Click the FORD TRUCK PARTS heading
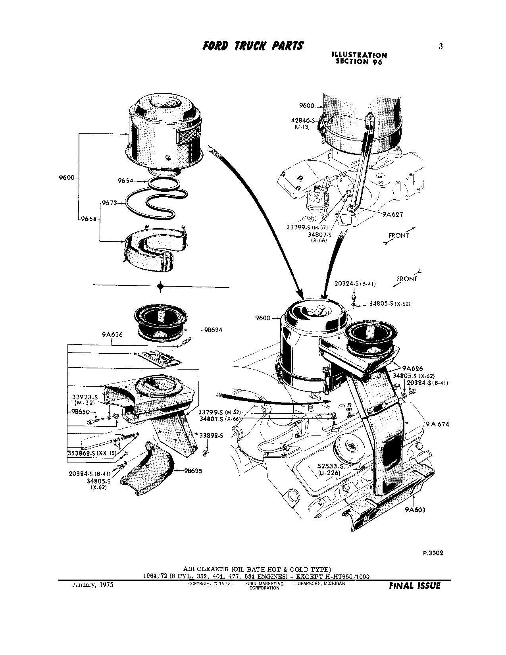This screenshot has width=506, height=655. (253, 46)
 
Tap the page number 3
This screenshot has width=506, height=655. (441, 46)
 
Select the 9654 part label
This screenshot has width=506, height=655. (125, 181)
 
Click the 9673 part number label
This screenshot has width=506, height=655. (109, 203)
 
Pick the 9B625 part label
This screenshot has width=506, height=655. (193, 471)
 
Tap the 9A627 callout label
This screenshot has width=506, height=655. (392, 214)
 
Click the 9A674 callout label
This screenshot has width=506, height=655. (437, 424)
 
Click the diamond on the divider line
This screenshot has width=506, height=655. (160, 286)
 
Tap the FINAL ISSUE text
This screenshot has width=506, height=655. (415, 586)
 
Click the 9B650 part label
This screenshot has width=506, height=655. (81, 411)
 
